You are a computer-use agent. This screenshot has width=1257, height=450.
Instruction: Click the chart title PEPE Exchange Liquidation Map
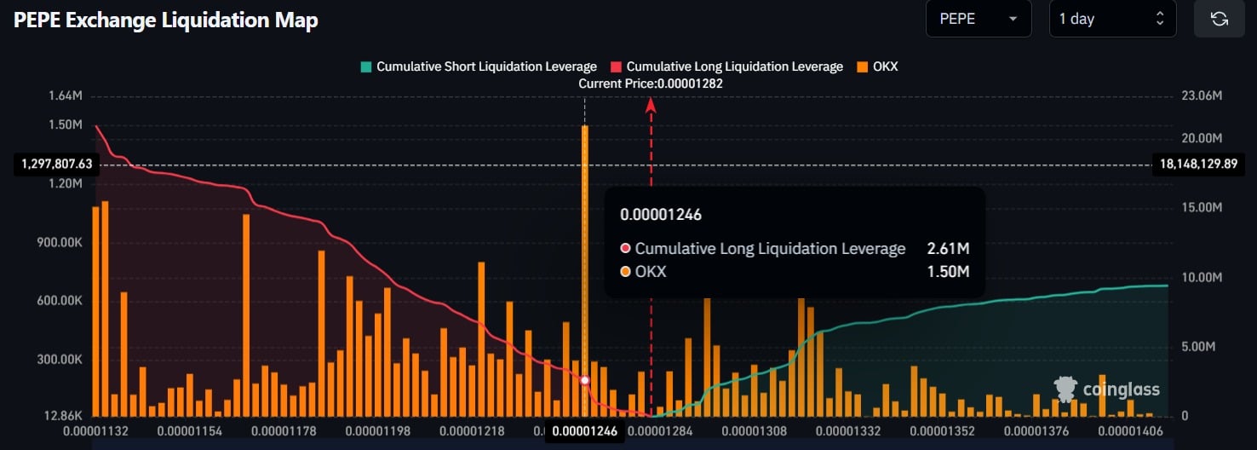pyautogui.click(x=166, y=20)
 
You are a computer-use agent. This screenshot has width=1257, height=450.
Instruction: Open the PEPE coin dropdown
pyautogui.click(x=978, y=19)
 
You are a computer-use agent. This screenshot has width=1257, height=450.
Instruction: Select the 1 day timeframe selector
pyautogui.click(x=1112, y=19)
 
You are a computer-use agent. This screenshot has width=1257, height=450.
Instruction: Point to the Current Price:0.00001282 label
pyautogui.click(x=651, y=84)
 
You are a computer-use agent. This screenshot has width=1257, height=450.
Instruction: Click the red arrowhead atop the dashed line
pyautogui.click(x=651, y=105)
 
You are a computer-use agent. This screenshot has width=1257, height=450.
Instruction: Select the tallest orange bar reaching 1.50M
pyautogui.click(x=585, y=256)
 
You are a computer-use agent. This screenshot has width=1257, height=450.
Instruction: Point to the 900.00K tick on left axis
pyautogui.click(x=60, y=243)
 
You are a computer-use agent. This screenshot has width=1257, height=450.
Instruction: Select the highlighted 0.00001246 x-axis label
pyautogui.click(x=584, y=431)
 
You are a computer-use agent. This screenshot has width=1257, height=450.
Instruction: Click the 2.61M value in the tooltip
pyautogui.click(x=948, y=249)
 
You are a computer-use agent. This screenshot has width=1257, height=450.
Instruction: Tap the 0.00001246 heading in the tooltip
pyautogui.click(x=661, y=215)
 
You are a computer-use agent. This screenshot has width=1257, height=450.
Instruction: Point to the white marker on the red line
pyautogui.click(x=585, y=380)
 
